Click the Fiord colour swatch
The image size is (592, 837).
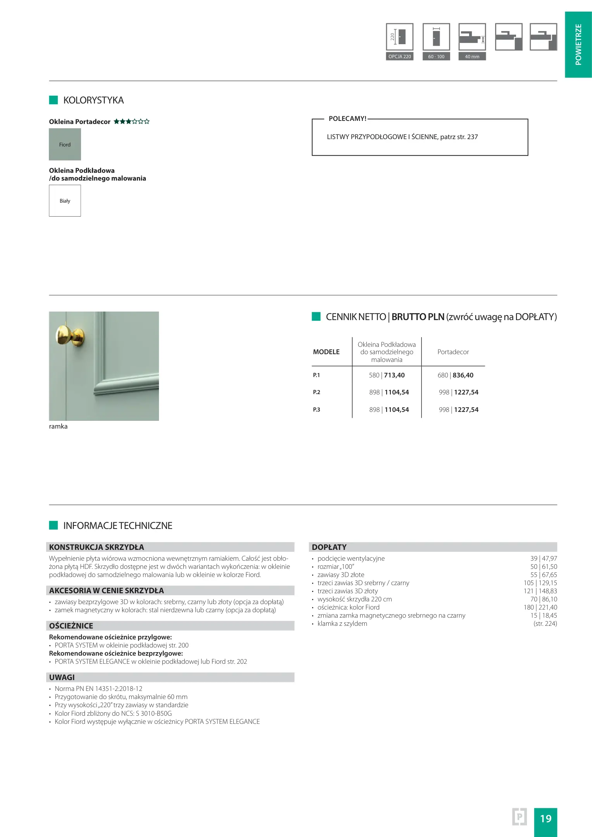65,144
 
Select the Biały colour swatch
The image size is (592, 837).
65,200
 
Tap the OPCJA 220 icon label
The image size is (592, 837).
399,57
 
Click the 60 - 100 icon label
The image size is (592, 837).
436,57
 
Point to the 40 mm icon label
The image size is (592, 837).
472,57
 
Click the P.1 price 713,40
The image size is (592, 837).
394,375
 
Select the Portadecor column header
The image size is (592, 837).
453,352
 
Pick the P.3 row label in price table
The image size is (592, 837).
317,410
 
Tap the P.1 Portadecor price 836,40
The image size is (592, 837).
463,375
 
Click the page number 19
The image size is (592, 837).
545,818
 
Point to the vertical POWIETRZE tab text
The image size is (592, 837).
578,44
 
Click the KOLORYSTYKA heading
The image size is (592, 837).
93,100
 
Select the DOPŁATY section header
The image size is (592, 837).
329,547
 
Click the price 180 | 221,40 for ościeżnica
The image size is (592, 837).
540,607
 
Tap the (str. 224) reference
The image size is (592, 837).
545,623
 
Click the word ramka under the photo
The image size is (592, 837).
58,426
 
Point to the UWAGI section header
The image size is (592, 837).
62,677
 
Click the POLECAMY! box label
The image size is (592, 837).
347,119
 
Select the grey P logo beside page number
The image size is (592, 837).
519,817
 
